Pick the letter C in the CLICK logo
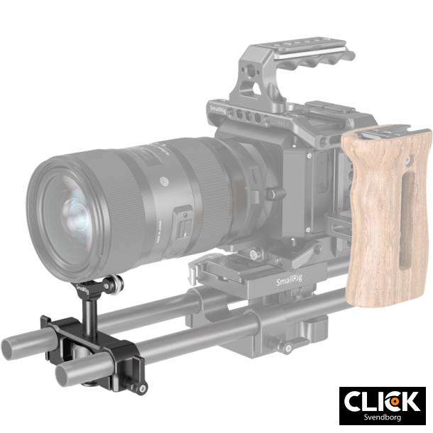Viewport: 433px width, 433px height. (x=354, y=401)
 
